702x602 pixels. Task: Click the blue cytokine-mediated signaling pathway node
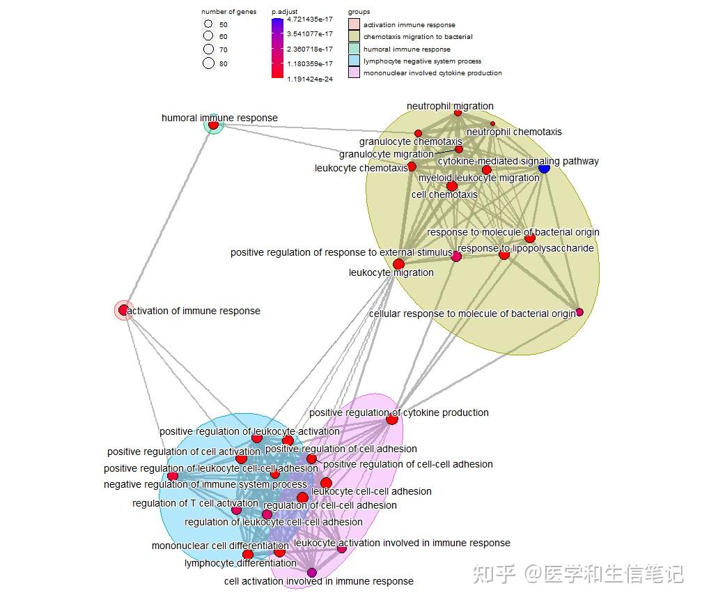(545, 168)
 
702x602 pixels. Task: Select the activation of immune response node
(123, 310)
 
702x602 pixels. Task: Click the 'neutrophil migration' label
(450, 106)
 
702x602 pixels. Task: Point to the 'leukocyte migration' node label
(391, 272)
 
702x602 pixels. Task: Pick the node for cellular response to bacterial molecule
(579, 312)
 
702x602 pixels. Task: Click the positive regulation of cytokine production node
(392, 419)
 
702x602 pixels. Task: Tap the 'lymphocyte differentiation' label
(240, 563)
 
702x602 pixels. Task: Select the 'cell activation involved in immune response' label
(318, 581)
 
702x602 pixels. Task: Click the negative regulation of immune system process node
(173, 477)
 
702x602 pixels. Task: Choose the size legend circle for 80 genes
(208, 63)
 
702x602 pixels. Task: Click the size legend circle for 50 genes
(208, 24)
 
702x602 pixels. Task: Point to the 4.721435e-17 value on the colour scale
(310, 20)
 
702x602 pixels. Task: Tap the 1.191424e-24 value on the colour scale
(310, 79)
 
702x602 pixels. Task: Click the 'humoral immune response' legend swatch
(354, 49)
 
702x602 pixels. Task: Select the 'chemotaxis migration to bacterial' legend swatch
(354, 36)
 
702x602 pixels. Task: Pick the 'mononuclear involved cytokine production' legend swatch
(354, 72)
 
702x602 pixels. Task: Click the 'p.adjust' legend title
(284, 12)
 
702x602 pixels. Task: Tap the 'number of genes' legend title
(228, 12)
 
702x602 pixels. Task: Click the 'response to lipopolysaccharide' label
(526, 248)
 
